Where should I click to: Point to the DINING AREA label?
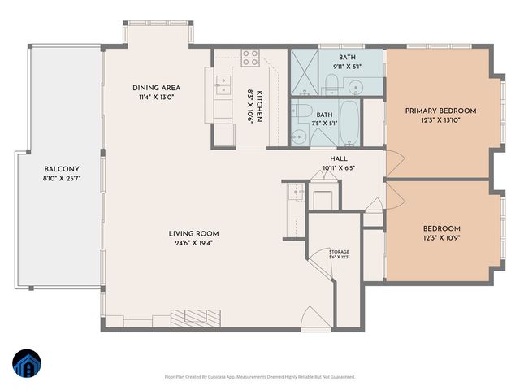point(156,88)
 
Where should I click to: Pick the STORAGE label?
point(339,252)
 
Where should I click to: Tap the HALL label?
point(339,159)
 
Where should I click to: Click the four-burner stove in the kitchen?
point(250,58)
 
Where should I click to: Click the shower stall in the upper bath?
point(302,74)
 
